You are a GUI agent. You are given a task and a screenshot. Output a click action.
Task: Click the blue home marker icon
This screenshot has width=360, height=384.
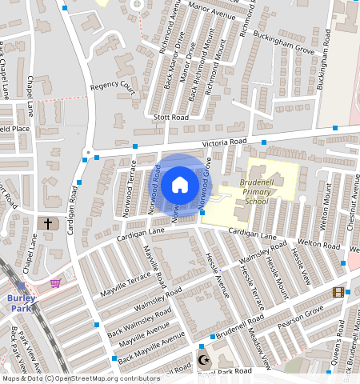pyautogui.click(x=180, y=185)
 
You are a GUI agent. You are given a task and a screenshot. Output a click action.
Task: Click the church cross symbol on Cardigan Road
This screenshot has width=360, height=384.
pyautogui.click(x=48, y=224)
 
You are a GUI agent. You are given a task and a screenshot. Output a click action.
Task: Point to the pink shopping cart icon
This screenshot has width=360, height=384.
pyautogui.click(x=56, y=283)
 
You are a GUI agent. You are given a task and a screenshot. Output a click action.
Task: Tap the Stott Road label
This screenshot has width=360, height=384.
pyautogui.click(x=172, y=118)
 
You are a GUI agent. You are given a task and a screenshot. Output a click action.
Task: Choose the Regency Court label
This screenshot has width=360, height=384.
pyautogui.click(x=113, y=86)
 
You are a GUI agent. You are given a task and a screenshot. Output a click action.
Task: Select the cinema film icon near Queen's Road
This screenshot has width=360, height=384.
pyautogui.click(x=338, y=293)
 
